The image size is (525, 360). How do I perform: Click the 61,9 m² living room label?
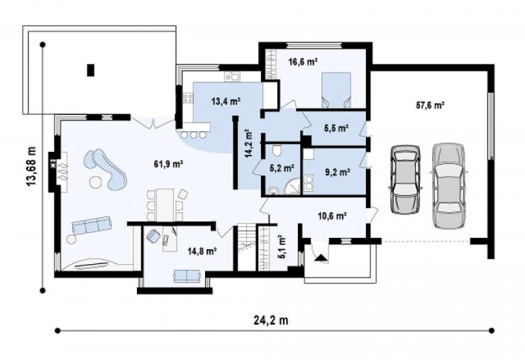click(168, 164)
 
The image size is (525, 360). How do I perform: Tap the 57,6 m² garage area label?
click(430, 105)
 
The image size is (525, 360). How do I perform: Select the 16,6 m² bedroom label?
click(303, 62)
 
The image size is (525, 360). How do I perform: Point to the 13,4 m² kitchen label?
click(226, 101)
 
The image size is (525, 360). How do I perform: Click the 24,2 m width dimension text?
click(271, 320)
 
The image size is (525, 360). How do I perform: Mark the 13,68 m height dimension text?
click(31, 166)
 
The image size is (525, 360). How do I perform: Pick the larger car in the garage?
click(448, 186)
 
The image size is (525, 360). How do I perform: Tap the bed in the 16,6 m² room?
click(336, 90)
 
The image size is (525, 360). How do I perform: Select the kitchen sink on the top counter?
click(232, 77)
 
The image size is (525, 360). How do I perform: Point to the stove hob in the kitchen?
click(187, 98)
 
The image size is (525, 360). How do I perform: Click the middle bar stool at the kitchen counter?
click(194, 135)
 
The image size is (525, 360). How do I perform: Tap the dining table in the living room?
click(165, 205)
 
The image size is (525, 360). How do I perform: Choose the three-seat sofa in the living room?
click(92, 225)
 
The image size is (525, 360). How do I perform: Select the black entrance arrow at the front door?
click(321, 258)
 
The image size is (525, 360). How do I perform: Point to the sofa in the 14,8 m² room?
click(187, 276)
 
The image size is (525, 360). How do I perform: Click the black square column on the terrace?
click(90, 70)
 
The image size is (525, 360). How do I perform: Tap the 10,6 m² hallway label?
click(332, 216)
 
